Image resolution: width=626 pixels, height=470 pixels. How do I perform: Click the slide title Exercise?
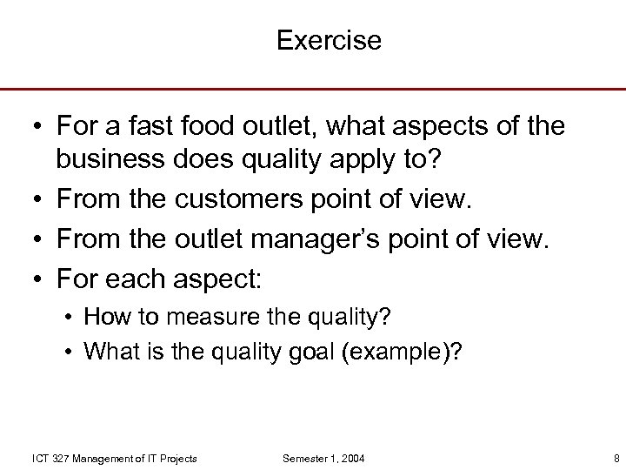pyautogui.click(x=329, y=41)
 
